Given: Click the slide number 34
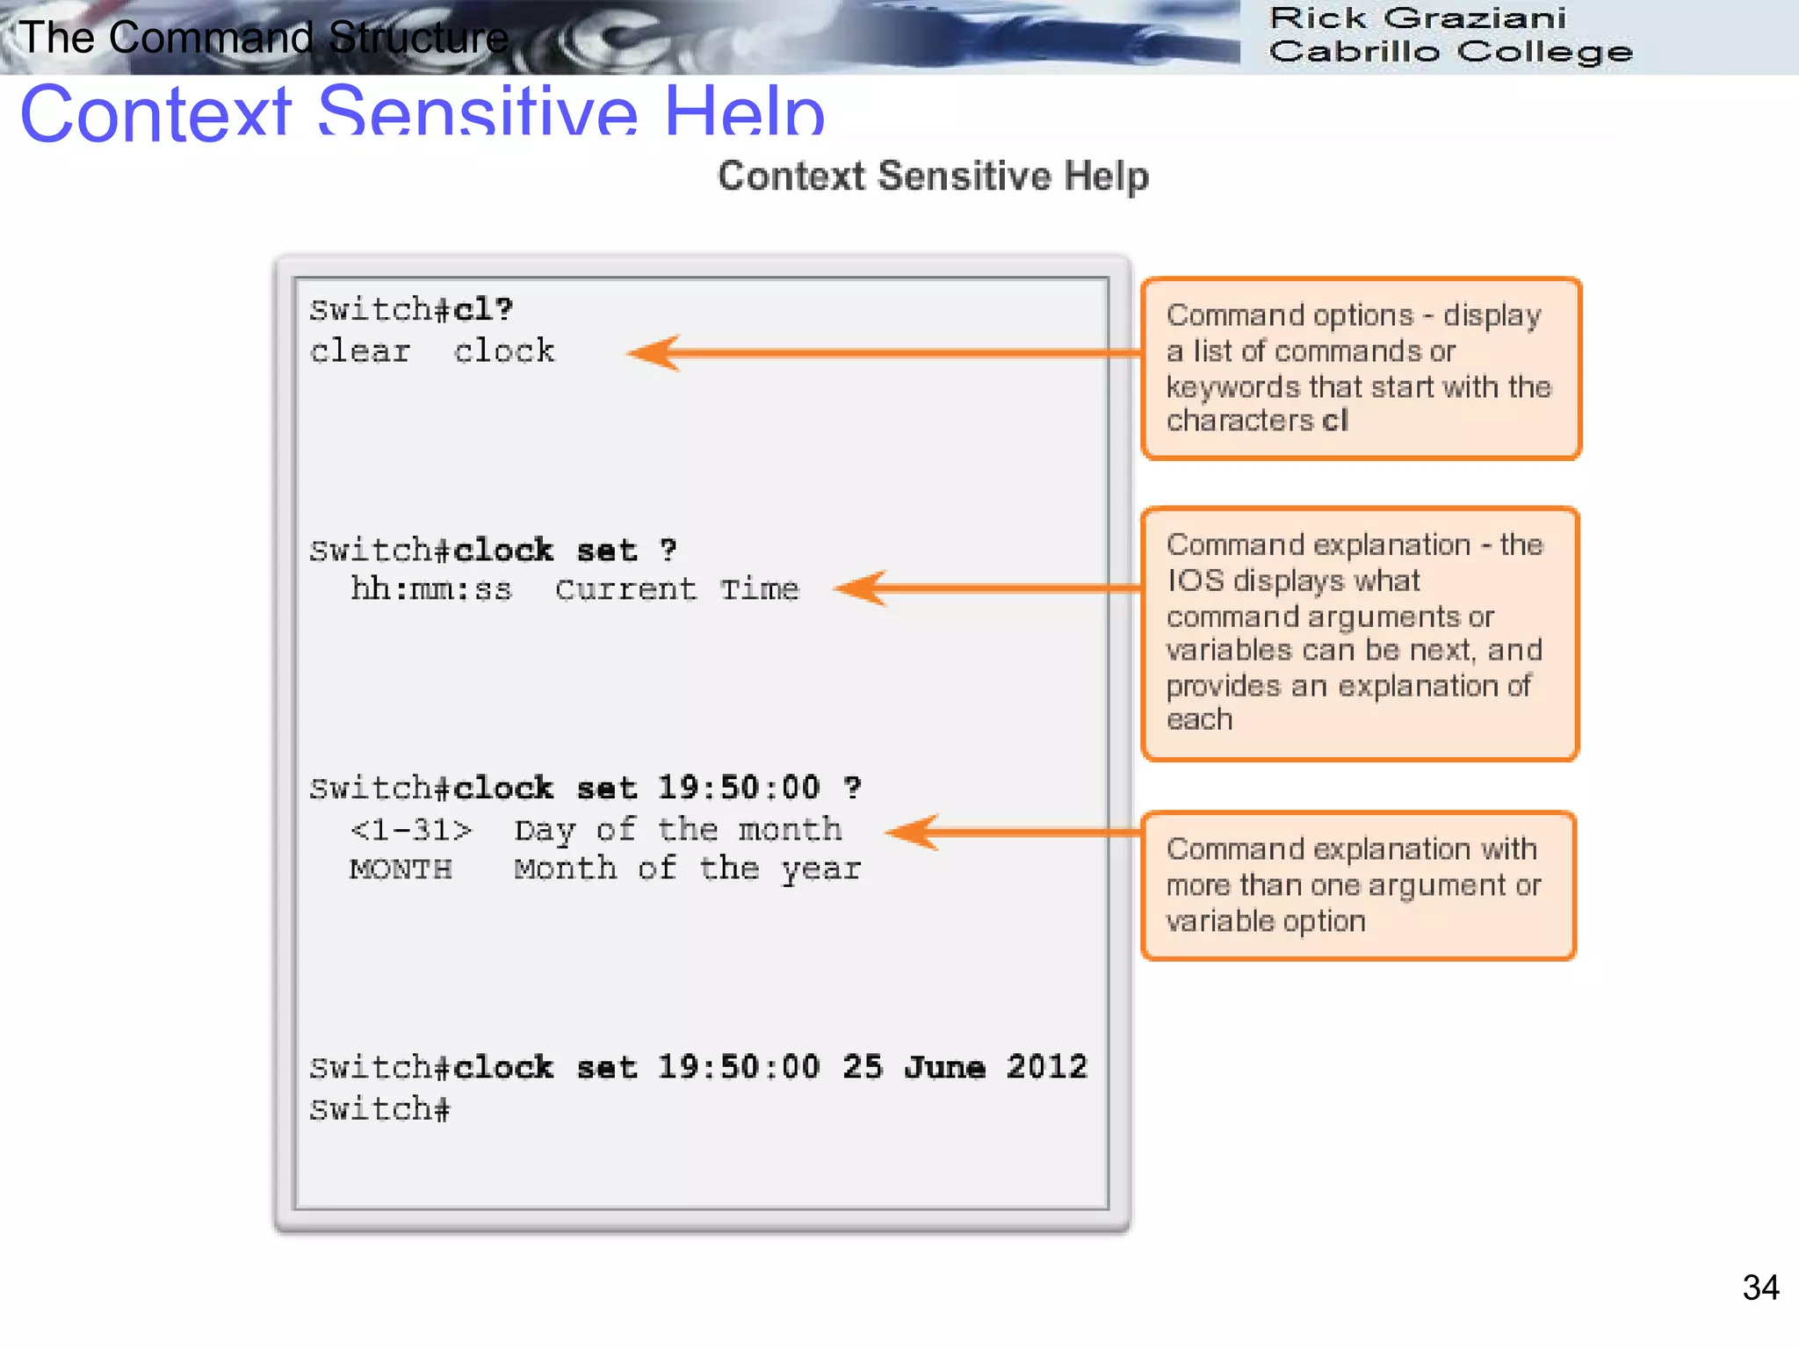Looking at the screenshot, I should point(1760,1288).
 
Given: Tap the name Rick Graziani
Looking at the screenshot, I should point(1417,18).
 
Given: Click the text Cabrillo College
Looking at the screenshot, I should point(1449,52).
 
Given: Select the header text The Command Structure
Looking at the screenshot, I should point(264,38).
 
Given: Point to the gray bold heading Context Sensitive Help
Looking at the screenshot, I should point(933,177).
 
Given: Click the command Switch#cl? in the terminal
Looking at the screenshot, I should point(411,310).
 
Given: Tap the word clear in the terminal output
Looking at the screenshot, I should point(360,351).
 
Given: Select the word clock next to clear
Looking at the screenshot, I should point(504,351).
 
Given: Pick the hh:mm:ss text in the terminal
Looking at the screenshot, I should point(430,589).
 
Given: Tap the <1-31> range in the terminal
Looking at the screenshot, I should point(410,830).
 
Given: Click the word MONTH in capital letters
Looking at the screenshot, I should point(401,869).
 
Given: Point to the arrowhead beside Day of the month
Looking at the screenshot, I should point(911,832).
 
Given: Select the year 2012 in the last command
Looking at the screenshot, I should point(1046,1067).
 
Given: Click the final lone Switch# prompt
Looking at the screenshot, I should point(379,1109).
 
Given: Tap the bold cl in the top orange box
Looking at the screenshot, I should point(1334,421).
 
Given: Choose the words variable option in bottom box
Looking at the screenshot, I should point(1266,921).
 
